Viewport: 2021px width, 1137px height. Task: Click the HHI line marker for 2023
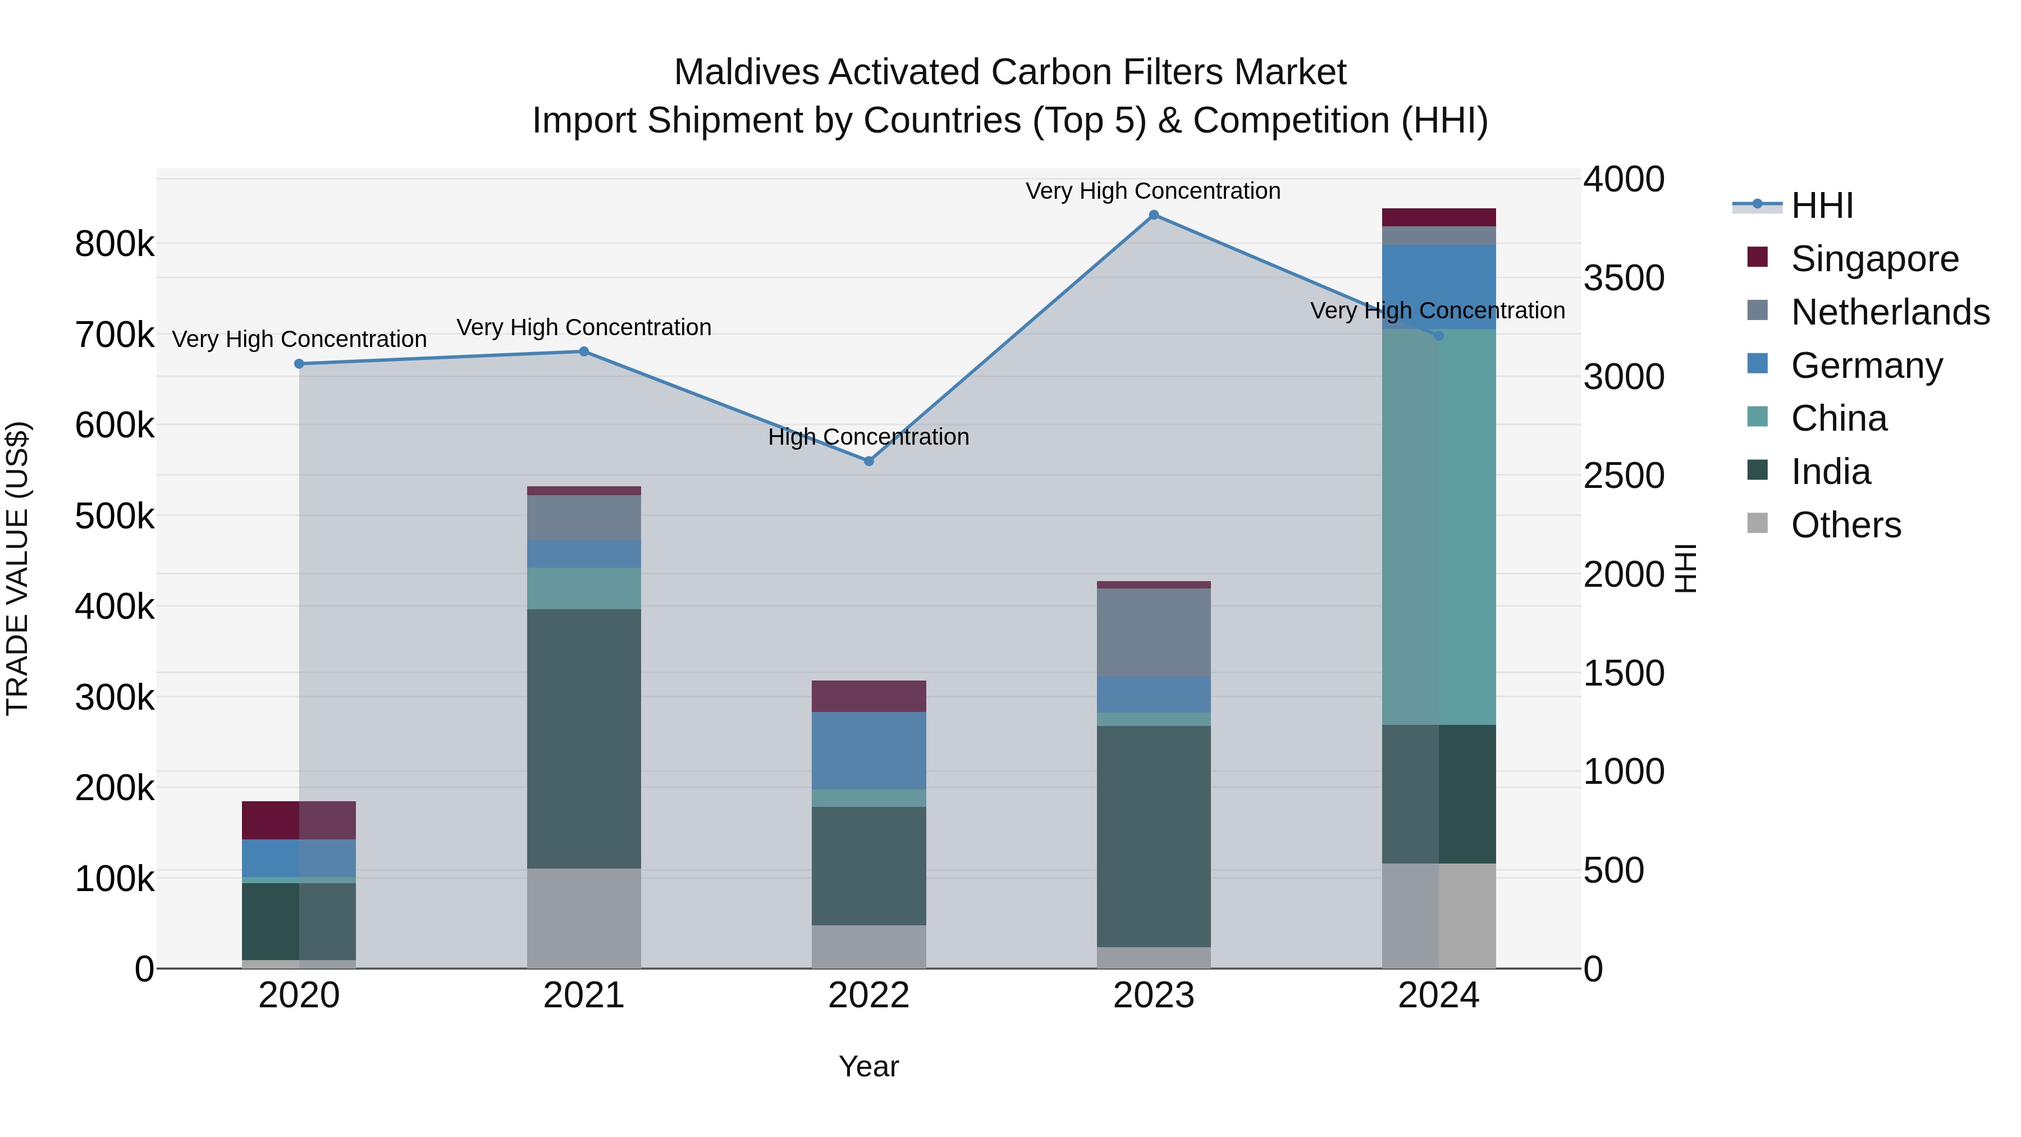pos(1153,215)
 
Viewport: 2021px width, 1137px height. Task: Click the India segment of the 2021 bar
pos(584,738)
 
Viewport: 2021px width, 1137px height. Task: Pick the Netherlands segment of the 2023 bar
pos(1153,632)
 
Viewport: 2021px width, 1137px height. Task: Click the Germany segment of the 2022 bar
pos(868,751)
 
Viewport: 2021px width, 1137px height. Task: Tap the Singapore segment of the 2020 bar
pos(298,820)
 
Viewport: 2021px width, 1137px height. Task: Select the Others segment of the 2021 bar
pos(584,918)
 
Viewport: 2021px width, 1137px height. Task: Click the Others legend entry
pos(1845,525)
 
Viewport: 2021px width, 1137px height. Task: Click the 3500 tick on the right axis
pos(1623,278)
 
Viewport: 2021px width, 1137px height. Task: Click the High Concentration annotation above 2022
pos(868,437)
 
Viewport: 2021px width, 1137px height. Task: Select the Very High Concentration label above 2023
pos(1153,191)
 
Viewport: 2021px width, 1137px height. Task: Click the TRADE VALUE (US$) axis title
pos(17,568)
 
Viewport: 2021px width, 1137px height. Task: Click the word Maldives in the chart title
pos(746,72)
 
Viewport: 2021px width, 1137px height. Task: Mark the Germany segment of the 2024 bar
pos(1438,286)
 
